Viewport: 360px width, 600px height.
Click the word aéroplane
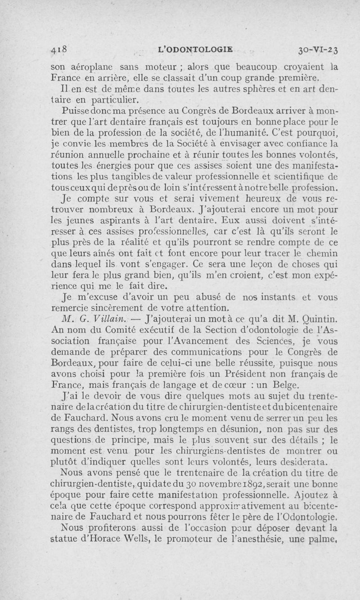[x=85, y=67]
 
